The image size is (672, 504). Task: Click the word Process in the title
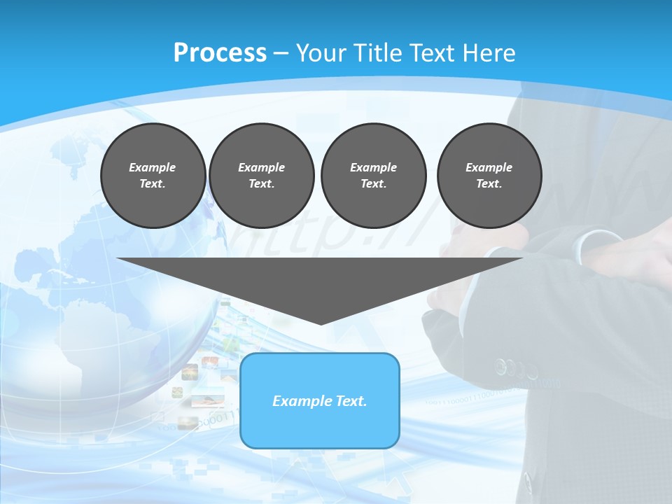coord(220,52)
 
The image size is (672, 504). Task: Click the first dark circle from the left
coord(153,176)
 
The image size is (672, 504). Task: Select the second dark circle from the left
coord(262,176)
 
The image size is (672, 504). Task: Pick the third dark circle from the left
coord(373,176)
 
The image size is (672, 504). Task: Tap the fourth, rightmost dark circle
coord(489,176)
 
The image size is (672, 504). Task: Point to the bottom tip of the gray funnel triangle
coord(321,323)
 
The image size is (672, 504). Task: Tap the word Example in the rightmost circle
coord(489,167)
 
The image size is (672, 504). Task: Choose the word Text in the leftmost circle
coord(153,184)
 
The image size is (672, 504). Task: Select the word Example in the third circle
coord(373,167)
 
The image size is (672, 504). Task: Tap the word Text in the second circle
coord(261,184)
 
